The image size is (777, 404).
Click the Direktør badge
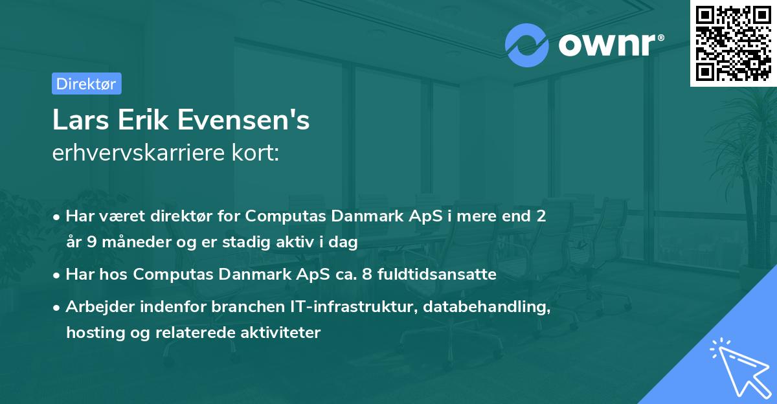[86, 84]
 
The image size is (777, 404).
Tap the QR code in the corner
[733, 43]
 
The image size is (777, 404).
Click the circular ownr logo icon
[526, 45]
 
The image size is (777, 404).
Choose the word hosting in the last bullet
[92, 333]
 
